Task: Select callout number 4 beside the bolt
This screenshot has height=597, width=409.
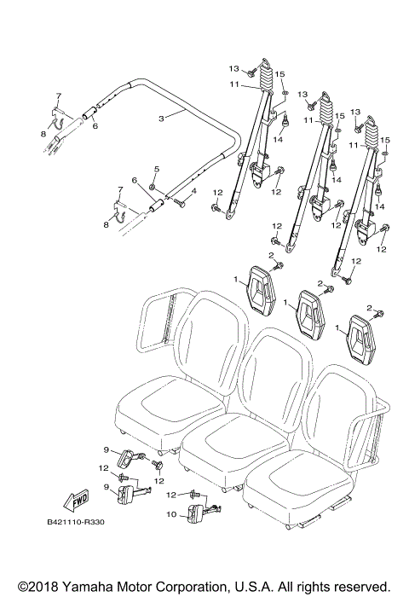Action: point(194,192)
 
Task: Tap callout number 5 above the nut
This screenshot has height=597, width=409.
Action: point(156,171)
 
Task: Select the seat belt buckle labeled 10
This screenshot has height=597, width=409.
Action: point(203,514)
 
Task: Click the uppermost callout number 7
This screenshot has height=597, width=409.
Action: point(58,95)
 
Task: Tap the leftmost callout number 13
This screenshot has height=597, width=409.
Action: point(232,68)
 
